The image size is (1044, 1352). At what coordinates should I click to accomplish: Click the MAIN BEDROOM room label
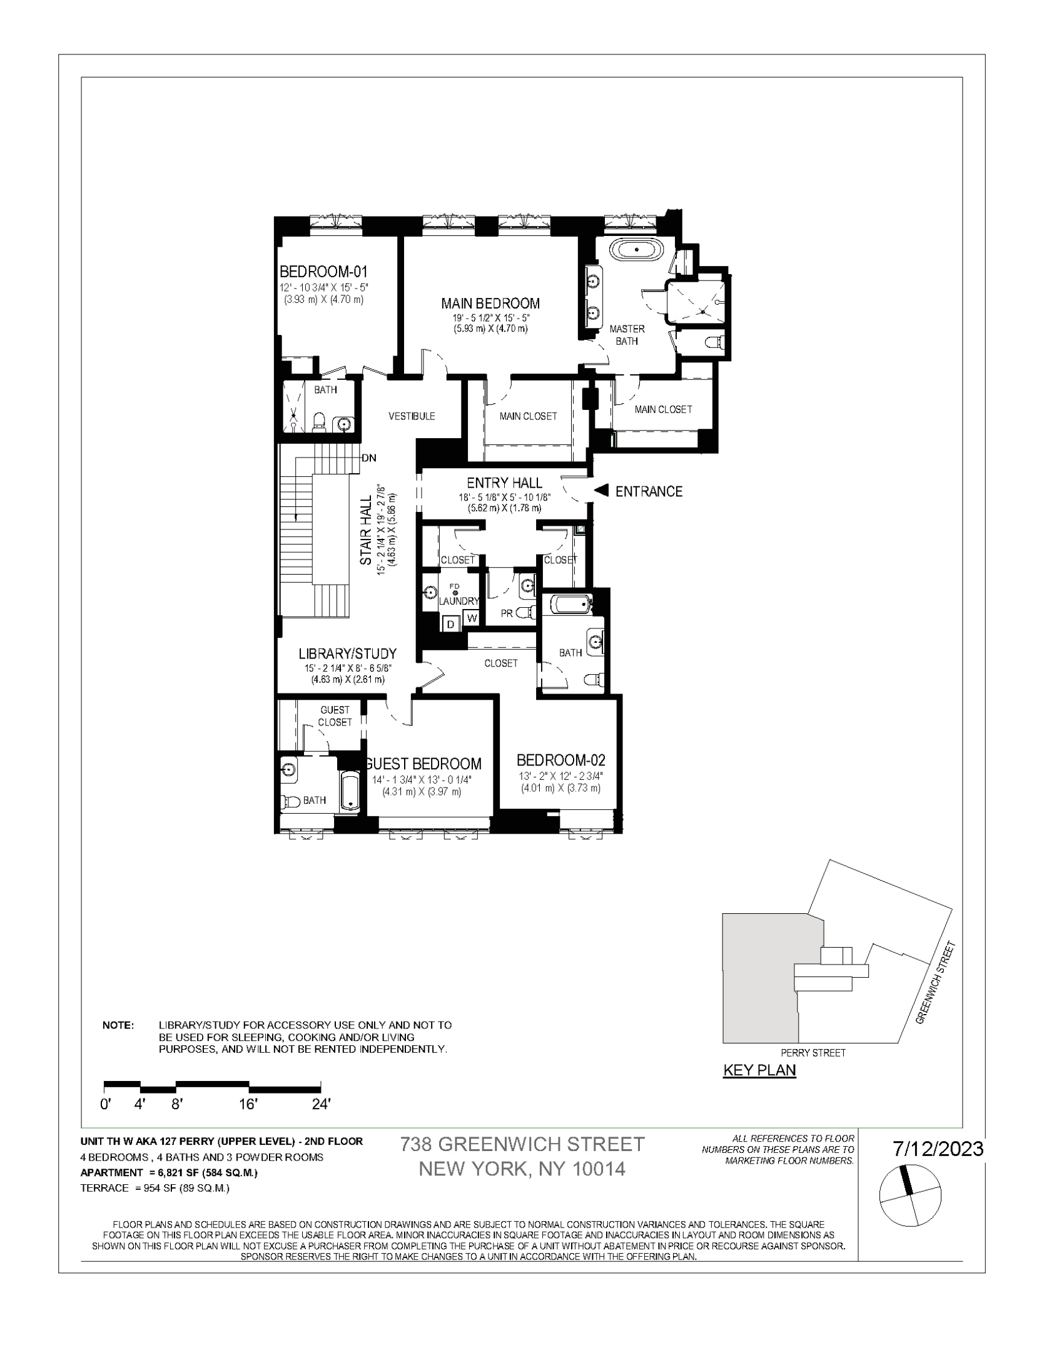tap(490, 304)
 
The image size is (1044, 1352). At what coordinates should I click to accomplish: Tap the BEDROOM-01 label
tap(323, 272)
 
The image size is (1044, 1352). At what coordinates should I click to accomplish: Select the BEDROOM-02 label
tap(560, 760)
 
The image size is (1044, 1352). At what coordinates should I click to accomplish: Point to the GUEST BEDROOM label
tap(423, 764)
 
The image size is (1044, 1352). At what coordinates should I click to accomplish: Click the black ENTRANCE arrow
tap(601, 491)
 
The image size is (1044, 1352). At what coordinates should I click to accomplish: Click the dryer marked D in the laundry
tap(450, 623)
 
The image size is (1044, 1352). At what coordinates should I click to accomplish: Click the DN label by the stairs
tap(369, 458)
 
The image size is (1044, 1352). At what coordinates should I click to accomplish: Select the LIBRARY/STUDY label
tap(347, 653)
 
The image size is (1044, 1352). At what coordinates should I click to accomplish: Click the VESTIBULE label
tap(412, 416)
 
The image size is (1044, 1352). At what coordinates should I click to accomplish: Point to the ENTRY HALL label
tap(504, 483)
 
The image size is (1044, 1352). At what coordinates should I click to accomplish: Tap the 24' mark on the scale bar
tap(321, 1105)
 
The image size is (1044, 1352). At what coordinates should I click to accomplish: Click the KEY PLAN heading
tap(759, 1070)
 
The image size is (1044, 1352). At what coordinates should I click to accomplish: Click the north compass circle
tap(910, 1197)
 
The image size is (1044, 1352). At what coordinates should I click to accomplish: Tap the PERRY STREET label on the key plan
tap(813, 1053)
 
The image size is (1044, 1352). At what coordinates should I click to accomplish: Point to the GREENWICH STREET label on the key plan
tap(936, 983)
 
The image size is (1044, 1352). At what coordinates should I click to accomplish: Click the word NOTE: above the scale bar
tap(118, 1025)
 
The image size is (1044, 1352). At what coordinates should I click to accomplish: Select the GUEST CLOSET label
tap(335, 716)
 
